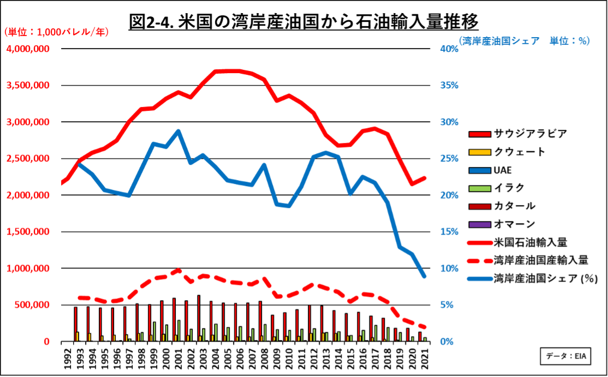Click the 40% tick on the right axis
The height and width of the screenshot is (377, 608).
click(449, 49)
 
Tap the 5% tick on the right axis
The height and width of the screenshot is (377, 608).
click(450, 305)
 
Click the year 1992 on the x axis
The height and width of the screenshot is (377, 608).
click(67, 358)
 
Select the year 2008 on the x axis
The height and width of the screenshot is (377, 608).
click(264, 358)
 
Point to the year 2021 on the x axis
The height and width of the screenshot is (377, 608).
click(425, 358)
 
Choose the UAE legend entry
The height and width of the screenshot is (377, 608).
click(502, 170)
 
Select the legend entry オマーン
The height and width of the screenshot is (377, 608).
click(514, 224)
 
